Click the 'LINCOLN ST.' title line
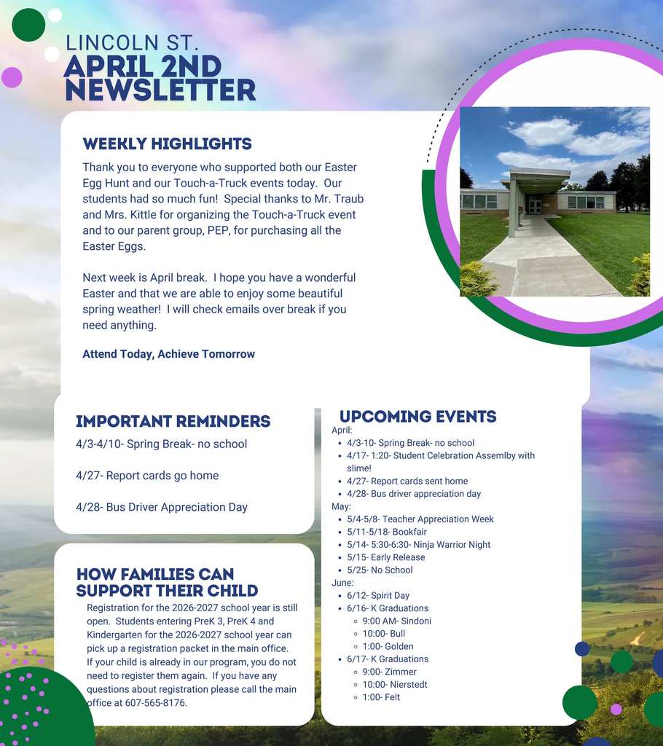point(131,43)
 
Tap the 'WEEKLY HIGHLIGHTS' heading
point(167,144)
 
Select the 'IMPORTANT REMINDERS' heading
point(173,421)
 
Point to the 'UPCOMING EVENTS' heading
point(417,417)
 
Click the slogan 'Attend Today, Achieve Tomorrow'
point(168,354)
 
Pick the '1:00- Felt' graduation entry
point(381,697)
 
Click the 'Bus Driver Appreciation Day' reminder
point(161,507)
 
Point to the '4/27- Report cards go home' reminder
point(146,476)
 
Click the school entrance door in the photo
point(535,205)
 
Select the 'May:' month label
point(341,506)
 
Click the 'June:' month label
point(342,583)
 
